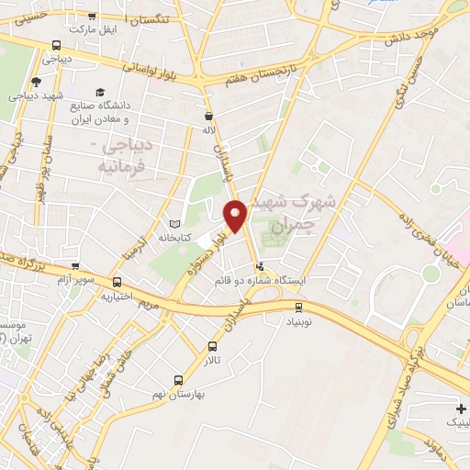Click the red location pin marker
click(236, 215)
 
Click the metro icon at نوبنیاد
click(298, 308)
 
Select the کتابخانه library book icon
click(175, 223)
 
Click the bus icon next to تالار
click(213, 346)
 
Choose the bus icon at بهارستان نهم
click(180, 379)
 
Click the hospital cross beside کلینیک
click(460, 408)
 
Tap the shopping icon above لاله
click(209, 117)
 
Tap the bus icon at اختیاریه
click(117, 282)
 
